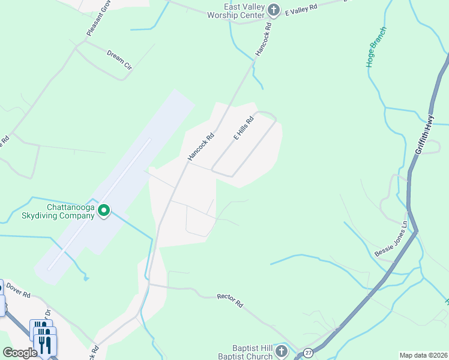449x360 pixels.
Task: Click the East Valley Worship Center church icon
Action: (x=274, y=10)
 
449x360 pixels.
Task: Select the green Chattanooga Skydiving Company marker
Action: (x=104, y=210)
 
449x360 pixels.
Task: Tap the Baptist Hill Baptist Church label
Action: (x=252, y=352)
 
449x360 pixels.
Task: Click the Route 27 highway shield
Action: (x=308, y=353)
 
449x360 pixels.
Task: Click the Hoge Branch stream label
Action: (x=376, y=46)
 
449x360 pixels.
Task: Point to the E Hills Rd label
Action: (x=244, y=128)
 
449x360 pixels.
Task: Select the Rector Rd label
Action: (x=229, y=300)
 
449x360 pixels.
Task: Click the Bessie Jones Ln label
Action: (x=391, y=239)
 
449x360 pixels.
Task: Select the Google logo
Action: (x=20, y=352)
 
